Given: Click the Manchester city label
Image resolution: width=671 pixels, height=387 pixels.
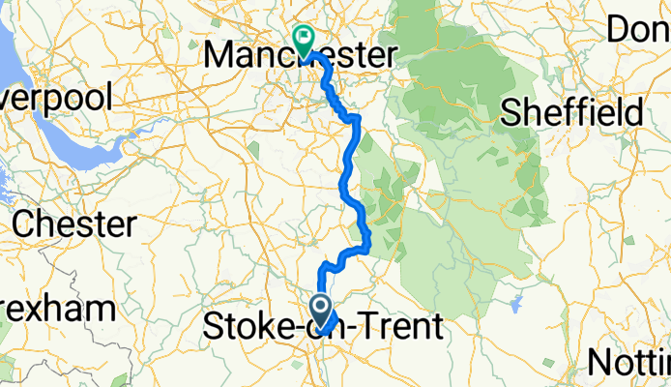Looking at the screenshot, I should pyautogui.click(x=300, y=56).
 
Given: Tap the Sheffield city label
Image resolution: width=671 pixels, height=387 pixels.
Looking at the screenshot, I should pyautogui.click(x=571, y=111).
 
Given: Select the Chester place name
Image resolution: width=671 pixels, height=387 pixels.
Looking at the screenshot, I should pyautogui.click(x=74, y=224).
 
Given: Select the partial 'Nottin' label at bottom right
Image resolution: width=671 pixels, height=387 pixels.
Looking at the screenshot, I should pyautogui.click(x=630, y=363).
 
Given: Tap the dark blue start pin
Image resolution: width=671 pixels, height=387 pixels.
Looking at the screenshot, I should pyautogui.click(x=322, y=310).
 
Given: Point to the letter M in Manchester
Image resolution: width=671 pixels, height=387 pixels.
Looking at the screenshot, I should pyautogui.click(x=224, y=56).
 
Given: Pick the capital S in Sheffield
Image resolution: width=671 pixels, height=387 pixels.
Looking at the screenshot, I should pyautogui.click(x=511, y=111).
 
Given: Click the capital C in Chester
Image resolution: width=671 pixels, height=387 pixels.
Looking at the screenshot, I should pyautogui.click(x=26, y=224).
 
